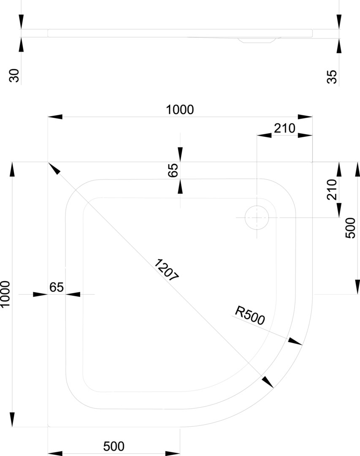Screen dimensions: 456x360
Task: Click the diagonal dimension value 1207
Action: click(168, 270)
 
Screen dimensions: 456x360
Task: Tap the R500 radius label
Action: click(250, 315)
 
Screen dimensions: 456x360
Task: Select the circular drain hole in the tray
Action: click(257, 217)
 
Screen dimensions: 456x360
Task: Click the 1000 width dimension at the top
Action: click(180, 109)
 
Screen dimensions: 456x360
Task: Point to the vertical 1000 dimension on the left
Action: click(5, 294)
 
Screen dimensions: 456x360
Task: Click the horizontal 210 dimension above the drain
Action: click(284, 128)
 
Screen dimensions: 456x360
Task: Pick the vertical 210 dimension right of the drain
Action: click(332, 189)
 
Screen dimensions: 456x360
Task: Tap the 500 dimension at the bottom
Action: click(114, 446)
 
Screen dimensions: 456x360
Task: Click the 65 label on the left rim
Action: click(57, 287)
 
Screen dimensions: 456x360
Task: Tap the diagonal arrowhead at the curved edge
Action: click(267, 382)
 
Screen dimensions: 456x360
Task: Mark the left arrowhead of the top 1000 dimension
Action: click(55, 117)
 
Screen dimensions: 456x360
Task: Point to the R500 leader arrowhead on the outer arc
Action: click(296, 342)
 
